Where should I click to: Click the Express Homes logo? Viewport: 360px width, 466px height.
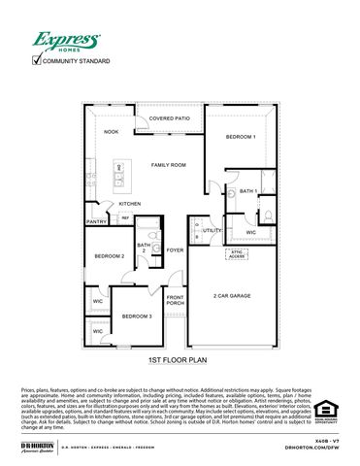[67, 41]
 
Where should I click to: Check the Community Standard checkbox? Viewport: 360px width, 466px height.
[37, 61]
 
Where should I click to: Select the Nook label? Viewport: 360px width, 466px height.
[112, 131]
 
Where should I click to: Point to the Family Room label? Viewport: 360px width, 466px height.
[169, 165]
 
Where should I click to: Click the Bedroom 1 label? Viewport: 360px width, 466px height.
[241, 137]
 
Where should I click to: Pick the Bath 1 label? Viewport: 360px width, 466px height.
[248, 191]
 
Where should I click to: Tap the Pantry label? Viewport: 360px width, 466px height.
[96, 221]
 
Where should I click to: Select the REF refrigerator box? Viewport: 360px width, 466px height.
[126, 218]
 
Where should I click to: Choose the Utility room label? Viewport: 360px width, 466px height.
[212, 230]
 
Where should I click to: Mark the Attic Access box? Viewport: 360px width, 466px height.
[236, 254]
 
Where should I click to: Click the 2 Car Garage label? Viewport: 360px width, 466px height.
[233, 295]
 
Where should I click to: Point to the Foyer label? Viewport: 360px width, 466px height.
[175, 250]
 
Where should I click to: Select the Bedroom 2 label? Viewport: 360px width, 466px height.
[110, 256]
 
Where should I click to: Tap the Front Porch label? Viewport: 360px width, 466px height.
[176, 299]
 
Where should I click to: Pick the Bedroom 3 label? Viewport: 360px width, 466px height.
[136, 316]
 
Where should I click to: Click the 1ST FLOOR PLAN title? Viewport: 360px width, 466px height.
[180, 360]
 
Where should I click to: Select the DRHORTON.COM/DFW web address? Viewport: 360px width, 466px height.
[311, 448]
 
